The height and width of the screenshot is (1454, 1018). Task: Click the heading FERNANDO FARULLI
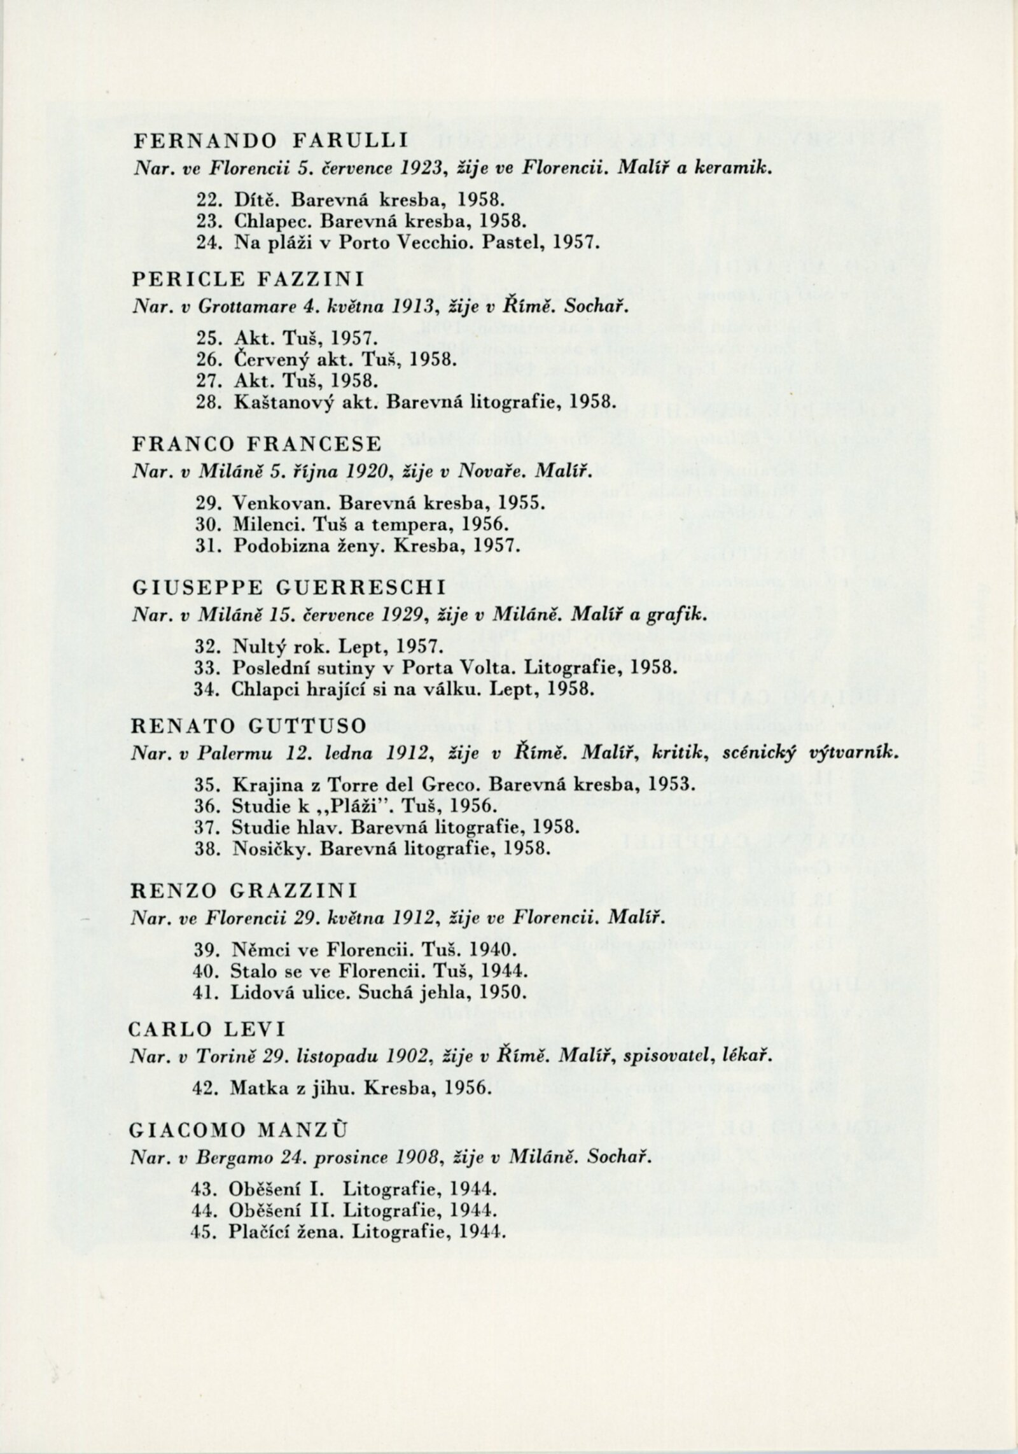pos(270,141)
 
